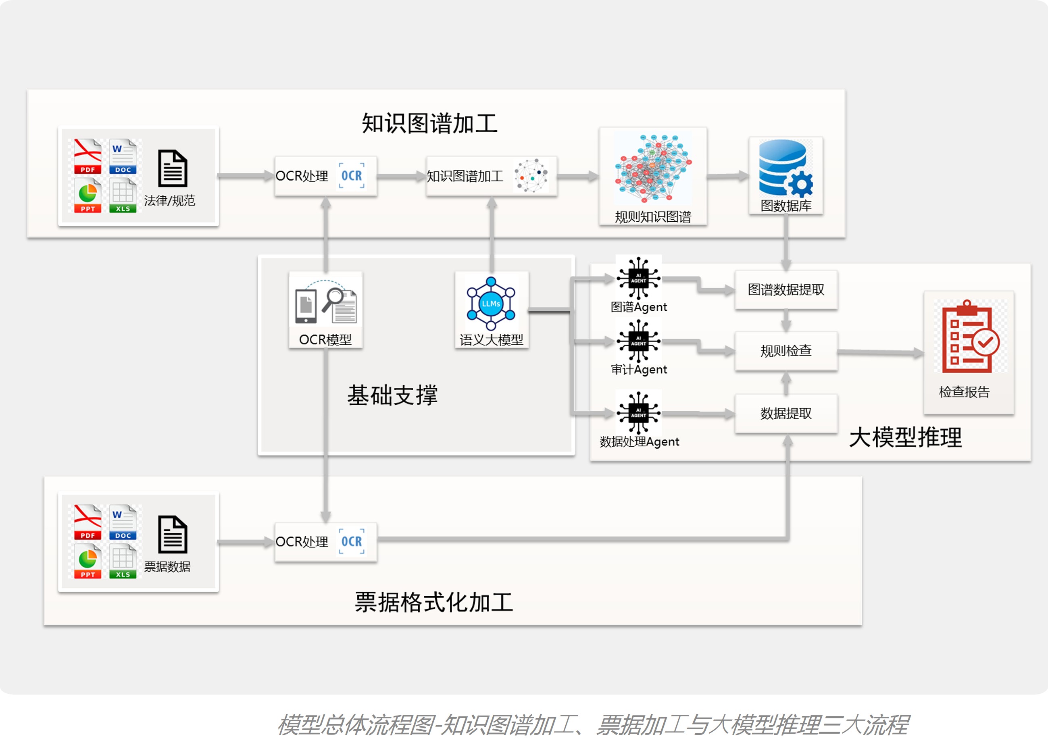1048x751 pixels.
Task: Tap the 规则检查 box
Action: pyautogui.click(x=786, y=351)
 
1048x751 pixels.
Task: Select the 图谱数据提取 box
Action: pyautogui.click(x=786, y=289)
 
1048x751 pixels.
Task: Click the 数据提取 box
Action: pyautogui.click(x=786, y=413)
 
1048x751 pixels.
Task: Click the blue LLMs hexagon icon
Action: pyautogui.click(x=491, y=304)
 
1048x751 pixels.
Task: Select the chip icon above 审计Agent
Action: pyautogui.click(x=639, y=341)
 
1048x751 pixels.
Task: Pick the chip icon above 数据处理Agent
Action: pyautogui.click(x=639, y=413)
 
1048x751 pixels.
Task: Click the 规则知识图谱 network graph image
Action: pyautogui.click(x=652, y=169)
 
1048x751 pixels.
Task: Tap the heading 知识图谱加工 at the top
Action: pyautogui.click(x=429, y=124)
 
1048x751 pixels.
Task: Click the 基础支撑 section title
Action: pyautogui.click(x=392, y=395)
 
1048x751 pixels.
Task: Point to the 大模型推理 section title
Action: pyautogui.click(x=905, y=437)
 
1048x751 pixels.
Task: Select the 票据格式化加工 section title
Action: pyautogui.click(x=434, y=602)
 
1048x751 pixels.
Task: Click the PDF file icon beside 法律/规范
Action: pyautogui.click(x=88, y=156)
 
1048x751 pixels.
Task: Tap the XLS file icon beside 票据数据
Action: pyautogui.click(x=123, y=562)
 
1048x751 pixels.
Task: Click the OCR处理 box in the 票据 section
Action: pyautogui.click(x=326, y=542)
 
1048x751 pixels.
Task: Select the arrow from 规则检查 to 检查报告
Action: pyautogui.click(x=880, y=352)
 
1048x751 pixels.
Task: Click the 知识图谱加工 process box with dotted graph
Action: pyautogui.click(x=491, y=176)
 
